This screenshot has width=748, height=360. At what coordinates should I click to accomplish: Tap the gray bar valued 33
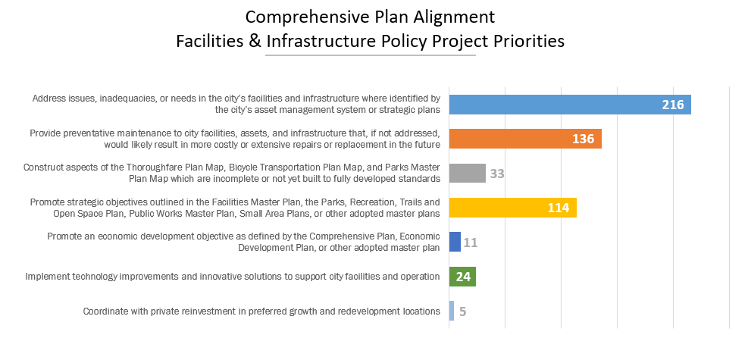tap(467, 174)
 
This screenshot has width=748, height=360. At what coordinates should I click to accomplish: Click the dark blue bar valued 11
tap(455, 242)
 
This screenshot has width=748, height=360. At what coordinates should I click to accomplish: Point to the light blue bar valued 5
tap(452, 311)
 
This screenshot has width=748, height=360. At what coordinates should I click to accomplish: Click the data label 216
tap(673, 105)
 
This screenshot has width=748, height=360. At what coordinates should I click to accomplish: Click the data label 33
tap(497, 174)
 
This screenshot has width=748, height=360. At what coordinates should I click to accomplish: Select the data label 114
tap(558, 208)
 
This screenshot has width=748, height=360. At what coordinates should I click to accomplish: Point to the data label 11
tap(471, 243)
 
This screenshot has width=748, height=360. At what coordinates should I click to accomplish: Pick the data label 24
tap(463, 277)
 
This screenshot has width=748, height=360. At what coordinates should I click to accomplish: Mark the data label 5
tap(462, 311)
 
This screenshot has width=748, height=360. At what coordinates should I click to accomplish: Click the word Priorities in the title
tap(527, 42)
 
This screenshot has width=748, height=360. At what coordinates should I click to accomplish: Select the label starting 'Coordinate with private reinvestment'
tap(261, 311)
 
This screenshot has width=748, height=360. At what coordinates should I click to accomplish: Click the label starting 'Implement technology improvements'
tap(233, 277)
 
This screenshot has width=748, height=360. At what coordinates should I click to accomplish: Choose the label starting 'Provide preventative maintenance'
tap(235, 138)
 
